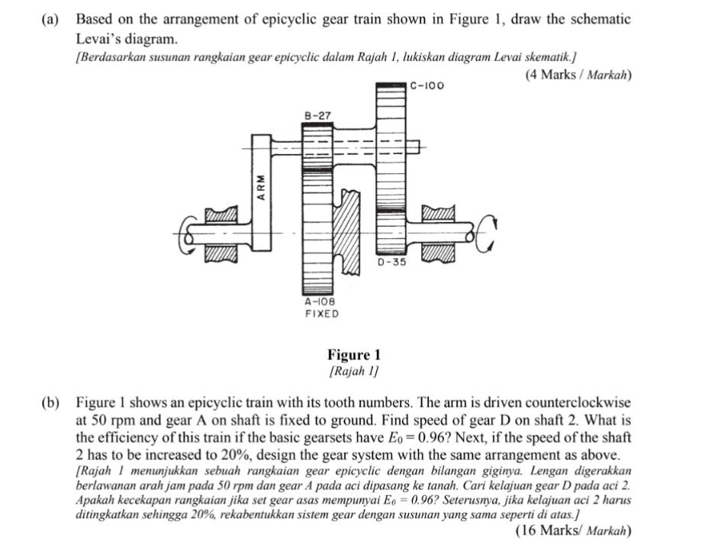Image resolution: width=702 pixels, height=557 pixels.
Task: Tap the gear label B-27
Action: point(317,115)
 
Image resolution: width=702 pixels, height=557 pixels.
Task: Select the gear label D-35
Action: point(393,262)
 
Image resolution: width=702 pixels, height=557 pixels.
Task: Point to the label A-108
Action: point(320,302)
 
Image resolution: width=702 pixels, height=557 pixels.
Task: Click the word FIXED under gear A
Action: point(321,314)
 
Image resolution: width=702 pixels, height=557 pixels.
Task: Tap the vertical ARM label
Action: point(261,186)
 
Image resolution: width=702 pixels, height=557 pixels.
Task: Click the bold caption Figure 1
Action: point(353,355)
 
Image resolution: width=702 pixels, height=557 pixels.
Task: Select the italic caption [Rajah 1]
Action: point(353,371)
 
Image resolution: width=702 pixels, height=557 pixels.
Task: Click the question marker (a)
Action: point(50,19)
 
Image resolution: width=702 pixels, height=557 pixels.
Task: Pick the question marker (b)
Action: point(50,402)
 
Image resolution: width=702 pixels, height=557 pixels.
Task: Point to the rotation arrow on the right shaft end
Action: point(488,233)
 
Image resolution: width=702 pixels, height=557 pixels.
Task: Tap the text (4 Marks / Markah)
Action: point(578,75)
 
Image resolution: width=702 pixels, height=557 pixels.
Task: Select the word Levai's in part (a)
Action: point(103,37)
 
